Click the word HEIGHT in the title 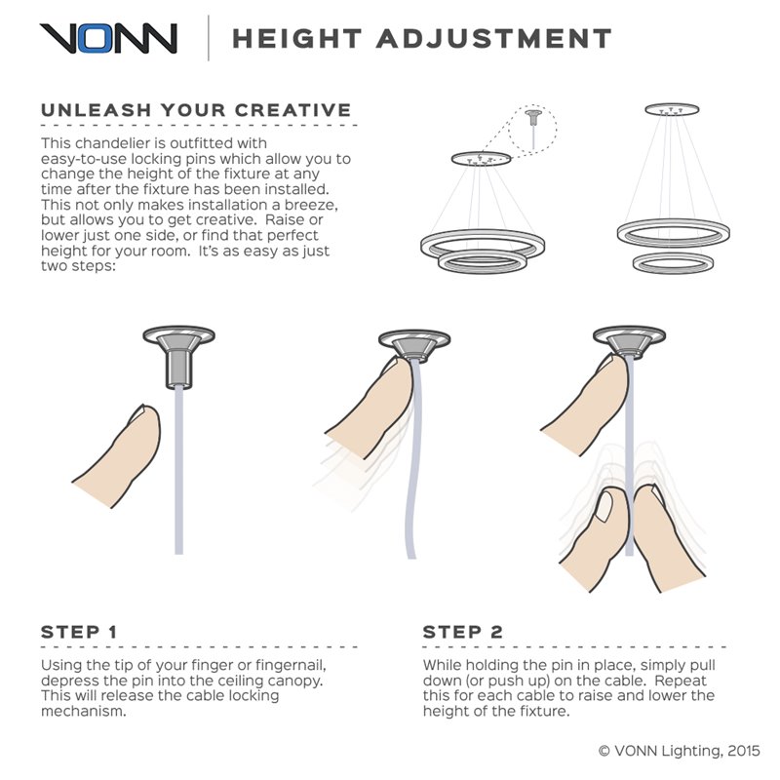pyautogui.click(x=297, y=39)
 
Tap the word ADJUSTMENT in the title pyautogui.click(x=494, y=39)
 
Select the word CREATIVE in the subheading pyautogui.click(x=293, y=110)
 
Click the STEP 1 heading pyautogui.click(x=79, y=632)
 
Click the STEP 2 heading pyautogui.click(x=462, y=632)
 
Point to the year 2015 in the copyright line pyautogui.click(x=744, y=751)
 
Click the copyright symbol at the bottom pyautogui.click(x=604, y=751)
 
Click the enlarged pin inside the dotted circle pyautogui.click(x=533, y=118)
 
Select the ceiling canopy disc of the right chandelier pyautogui.click(x=672, y=109)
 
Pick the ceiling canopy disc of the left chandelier pyautogui.click(x=481, y=159)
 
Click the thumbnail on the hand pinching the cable pyautogui.click(x=604, y=506)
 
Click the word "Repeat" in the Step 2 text pyautogui.click(x=681, y=681)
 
